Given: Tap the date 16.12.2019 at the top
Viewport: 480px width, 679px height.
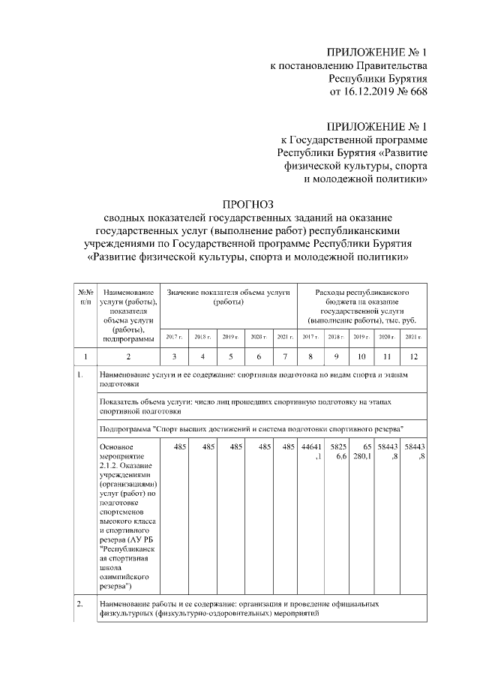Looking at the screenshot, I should click(x=379, y=92).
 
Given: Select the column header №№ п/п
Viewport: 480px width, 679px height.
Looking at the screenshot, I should click(x=85, y=296).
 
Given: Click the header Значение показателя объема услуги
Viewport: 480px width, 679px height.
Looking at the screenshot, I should click(x=227, y=296).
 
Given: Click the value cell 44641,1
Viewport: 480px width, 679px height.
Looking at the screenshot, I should click(x=311, y=452).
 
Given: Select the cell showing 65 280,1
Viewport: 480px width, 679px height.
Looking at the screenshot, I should click(x=362, y=452).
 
